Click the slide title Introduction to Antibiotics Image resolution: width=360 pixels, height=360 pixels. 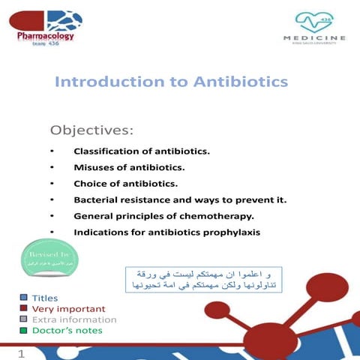click(x=171, y=81)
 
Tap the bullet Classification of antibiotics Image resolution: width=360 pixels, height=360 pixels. click(x=141, y=151)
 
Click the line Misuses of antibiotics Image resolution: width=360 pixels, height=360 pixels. click(x=128, y=167)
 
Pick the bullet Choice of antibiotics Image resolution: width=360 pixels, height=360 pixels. click(x=125, y=184)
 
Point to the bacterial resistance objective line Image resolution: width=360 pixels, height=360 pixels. click(x=180, y=200)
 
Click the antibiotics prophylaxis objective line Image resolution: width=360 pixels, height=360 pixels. click(x=166, y=232)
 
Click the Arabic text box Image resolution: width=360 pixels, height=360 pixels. click(x=203, y=278)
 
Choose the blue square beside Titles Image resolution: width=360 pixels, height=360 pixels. click(x=24, y=298)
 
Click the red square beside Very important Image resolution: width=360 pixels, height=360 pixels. click(x=24, y=309)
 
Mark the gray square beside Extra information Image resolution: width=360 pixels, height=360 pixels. click(x=24, y=319)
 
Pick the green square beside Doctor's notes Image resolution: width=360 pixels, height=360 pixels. click(x=24, y=330)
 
